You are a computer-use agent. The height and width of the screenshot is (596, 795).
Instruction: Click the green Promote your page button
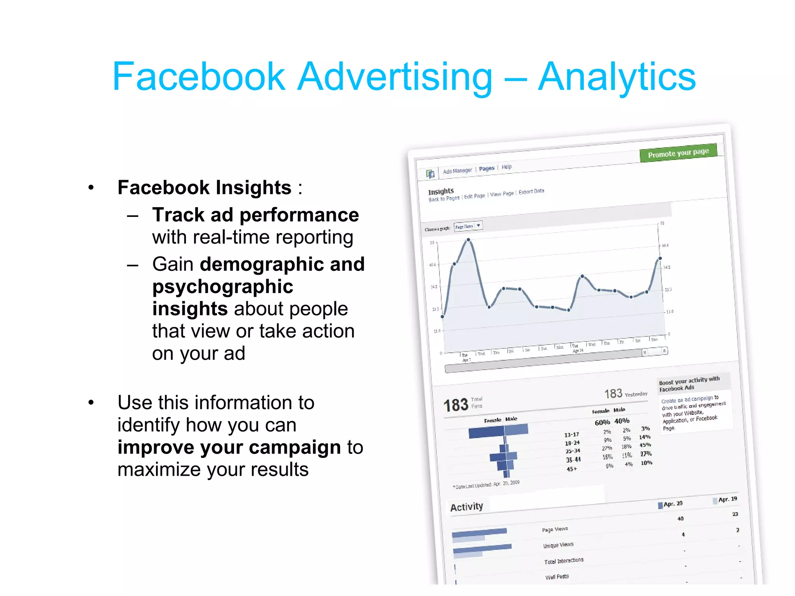tap(678, 153)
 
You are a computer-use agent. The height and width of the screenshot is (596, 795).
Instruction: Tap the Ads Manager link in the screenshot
tap(457, 171)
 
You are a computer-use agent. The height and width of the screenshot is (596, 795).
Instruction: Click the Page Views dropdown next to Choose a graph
tap(468, 226)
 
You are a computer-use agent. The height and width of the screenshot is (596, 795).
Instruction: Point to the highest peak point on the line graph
tap(469, 240)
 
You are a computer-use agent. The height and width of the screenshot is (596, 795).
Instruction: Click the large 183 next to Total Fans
tap(456, 405)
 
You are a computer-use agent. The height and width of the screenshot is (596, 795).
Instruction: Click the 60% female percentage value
tap(602, 423)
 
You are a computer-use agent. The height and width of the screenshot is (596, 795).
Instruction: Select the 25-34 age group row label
tap(573, 451)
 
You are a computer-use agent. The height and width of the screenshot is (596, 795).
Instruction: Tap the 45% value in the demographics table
tap(645, 445)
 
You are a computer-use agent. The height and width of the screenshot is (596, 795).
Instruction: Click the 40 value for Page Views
tap(680, 519)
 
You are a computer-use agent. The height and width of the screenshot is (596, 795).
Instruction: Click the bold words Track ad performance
tap(255, 215)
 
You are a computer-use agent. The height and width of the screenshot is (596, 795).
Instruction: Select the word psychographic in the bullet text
tap(222, 287)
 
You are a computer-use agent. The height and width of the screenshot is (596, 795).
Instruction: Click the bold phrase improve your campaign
tap(229, 447)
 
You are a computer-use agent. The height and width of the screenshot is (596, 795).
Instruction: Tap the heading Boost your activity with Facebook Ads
tap(689, 384)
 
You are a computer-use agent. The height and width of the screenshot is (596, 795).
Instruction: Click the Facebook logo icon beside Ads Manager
tap(430, 174)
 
